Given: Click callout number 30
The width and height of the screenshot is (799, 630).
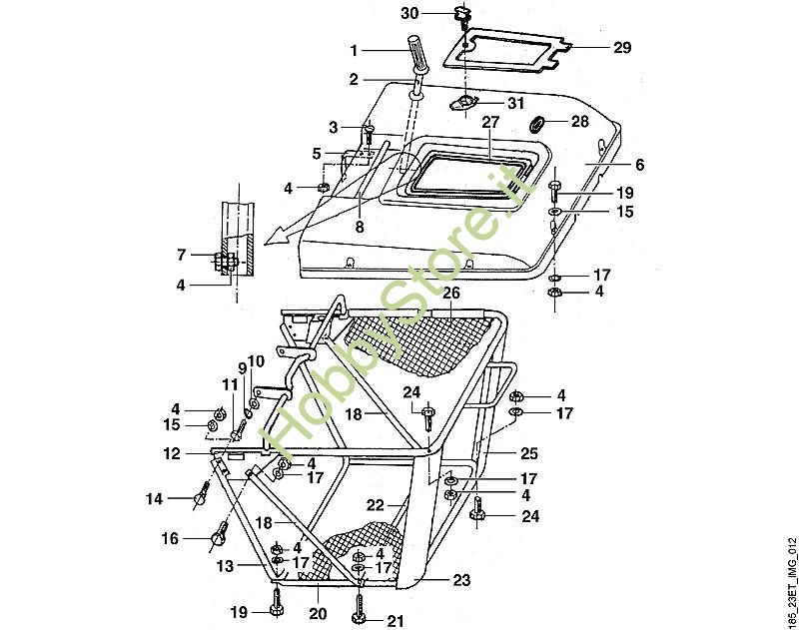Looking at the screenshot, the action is [410, 13].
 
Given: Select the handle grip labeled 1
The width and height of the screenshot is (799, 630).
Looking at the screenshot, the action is [416, 54].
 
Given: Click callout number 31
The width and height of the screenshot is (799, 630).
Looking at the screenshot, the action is [514, 103].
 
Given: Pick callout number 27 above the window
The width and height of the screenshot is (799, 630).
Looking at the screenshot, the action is [489, 121].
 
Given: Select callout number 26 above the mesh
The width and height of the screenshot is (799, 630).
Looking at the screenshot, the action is [451, 293].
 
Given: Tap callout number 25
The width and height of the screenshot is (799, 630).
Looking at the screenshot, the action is [528, 452].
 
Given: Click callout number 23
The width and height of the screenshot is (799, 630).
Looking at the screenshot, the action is [461, 579].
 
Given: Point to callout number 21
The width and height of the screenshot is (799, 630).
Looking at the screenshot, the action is [396, 620].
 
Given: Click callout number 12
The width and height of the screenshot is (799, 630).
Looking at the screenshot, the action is [172, 453].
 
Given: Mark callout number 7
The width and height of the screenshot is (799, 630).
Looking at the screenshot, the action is [181, 255].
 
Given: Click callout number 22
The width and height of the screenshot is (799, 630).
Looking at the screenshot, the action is [375, 506].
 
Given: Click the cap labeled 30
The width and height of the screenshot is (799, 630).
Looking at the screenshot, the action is [460, 14].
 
